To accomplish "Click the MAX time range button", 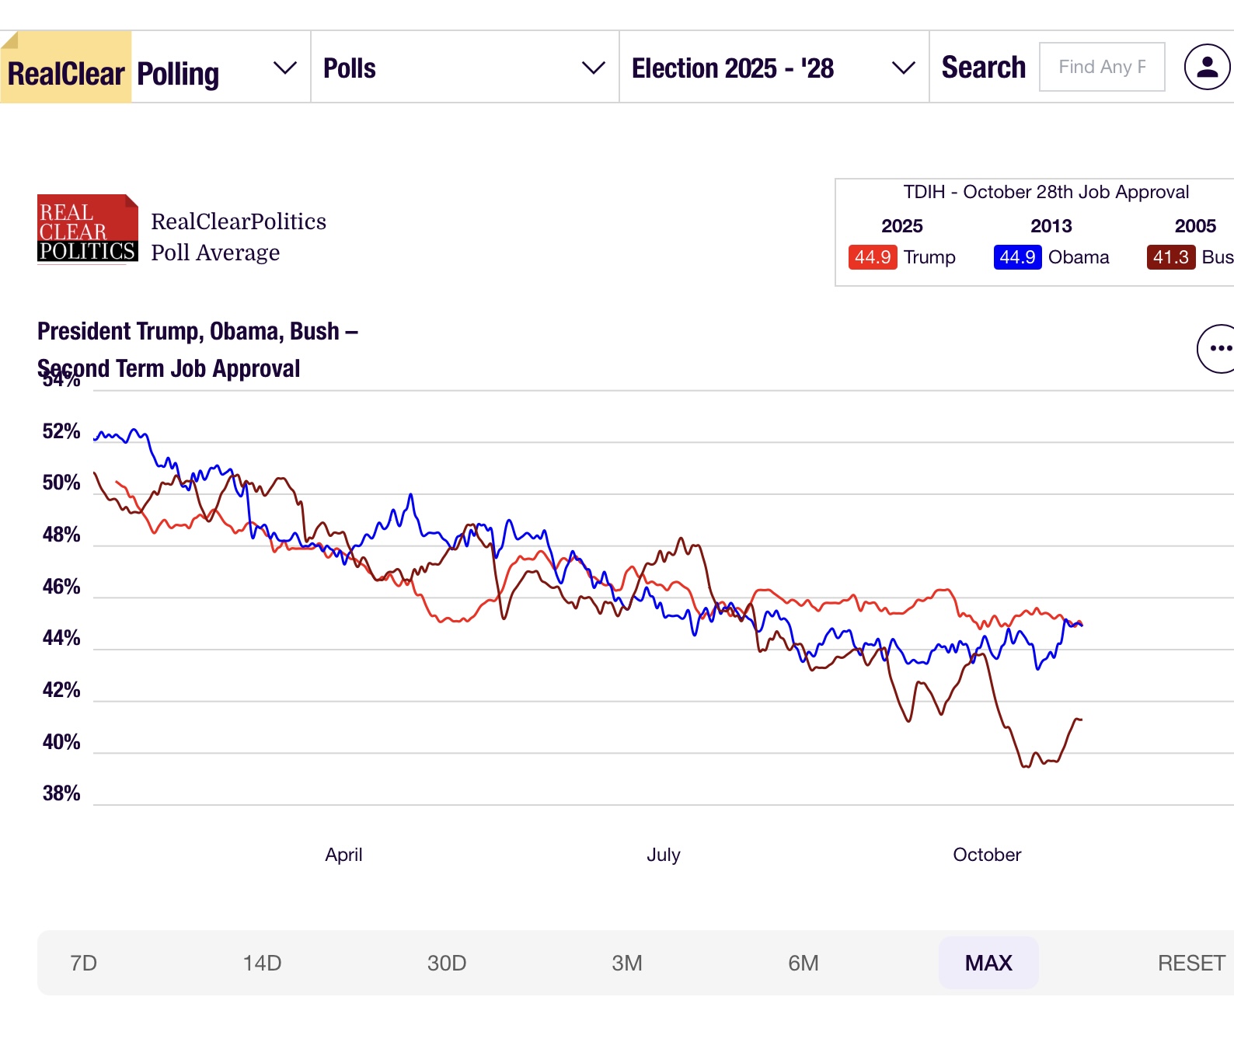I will tap(988, 963).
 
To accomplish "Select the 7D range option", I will tap(83, 963).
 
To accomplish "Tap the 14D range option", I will tap(262, 963).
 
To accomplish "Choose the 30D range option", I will tap(447, 963).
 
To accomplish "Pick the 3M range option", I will tap(626, 963).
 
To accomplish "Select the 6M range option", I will tap(803, 963).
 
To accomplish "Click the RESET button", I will tap(1190, 963).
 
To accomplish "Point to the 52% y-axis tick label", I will tap(61, 431).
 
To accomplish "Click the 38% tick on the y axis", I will tap(61, 793).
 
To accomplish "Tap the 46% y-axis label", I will tap(61, 587).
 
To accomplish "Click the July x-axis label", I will tap(663, 855).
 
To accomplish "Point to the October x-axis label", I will tap(987, 855).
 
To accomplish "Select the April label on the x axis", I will tap(343, 855).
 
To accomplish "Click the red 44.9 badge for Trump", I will tap(873, 257).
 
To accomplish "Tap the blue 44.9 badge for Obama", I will tap(1017, 257).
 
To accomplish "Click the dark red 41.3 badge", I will tap(1170, 257).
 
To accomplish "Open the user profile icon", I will tap(1207, 67).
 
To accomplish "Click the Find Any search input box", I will tap(1102, 67).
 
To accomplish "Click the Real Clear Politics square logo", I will tap(88, 228).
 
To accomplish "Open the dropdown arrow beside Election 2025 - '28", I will tap(903, 68).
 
